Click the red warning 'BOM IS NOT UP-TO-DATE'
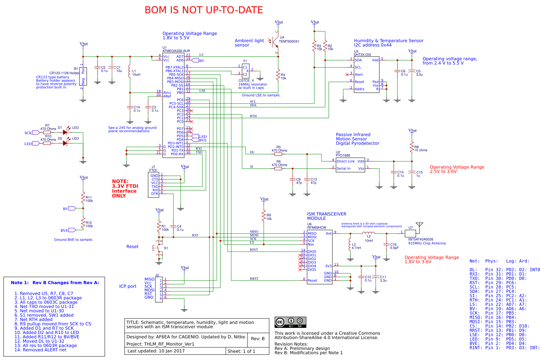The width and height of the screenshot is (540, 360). [204, 10]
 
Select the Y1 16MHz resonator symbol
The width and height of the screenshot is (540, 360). [245, 71]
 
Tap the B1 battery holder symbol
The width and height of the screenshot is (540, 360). [83, 76]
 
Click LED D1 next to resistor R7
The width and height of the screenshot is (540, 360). [65, 132]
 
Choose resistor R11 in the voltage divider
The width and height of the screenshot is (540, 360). [83, 198]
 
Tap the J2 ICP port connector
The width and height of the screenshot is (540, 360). [159, 289]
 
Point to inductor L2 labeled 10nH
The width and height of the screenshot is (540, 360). [368, 233]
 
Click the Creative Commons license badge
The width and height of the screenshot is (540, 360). [290, 322]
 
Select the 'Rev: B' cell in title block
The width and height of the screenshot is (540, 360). [258, 339]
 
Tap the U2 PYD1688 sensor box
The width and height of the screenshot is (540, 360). [350, 165]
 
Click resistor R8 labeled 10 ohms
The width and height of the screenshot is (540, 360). [411, 147]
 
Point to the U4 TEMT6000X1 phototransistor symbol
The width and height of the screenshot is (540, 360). [276, 42]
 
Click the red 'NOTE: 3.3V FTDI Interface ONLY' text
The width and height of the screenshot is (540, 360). [125, 188]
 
